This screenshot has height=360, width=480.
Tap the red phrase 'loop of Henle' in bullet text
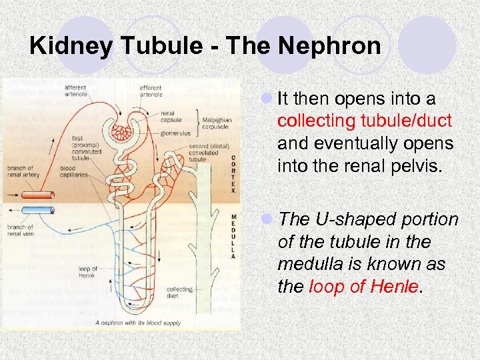363,287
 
